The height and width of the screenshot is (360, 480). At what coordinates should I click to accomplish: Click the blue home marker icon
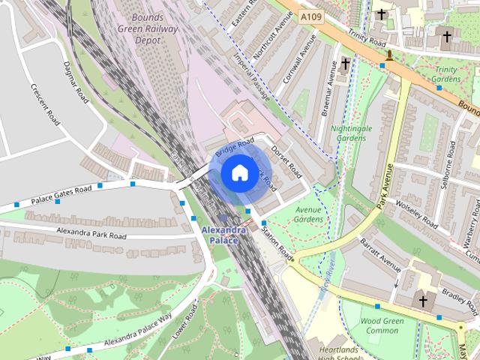[x=238, y=172]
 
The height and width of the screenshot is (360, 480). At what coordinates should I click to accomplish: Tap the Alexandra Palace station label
[x=223, y=235]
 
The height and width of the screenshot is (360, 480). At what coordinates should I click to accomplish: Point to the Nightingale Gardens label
[x=351, y=133]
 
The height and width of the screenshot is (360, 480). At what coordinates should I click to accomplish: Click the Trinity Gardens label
[x=447, y=74]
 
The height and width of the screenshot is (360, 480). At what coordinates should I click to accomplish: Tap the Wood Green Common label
[x=379, y=325]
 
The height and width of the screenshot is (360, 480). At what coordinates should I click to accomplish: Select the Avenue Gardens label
[x=307, y=214]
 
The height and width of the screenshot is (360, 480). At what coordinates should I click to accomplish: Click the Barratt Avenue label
[x=380, y=253]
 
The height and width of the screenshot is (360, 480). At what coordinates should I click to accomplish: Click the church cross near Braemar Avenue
[x=346, y=64]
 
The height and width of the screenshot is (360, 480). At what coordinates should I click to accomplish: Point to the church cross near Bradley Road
[x=423, y=301]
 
